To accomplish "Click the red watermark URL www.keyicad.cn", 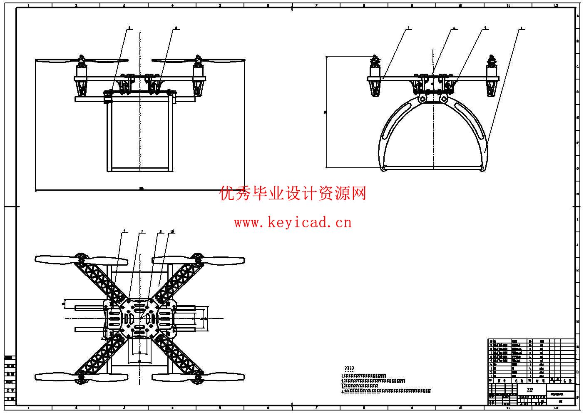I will pyautogui.click(x=293, y=223).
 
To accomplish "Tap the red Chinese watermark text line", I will pyautogui.click(x=293, y=194).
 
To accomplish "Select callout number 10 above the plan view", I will pyautogui.click(x=172, y=231).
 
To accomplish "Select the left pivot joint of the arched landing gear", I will pyautogui.click(x=422, y=99).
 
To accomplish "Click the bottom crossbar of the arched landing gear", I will pyautogui.click(x=433, y=168).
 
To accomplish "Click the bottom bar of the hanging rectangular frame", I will pyautogui.click(x=140, y=169).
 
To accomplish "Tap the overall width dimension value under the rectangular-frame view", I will pyautogui.click(x=141, y=189).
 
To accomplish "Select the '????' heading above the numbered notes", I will pyautogui.click(x=349, y=369).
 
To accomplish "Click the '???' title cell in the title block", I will pyautogui.click(x=530, y=390).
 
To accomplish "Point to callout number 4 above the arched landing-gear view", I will pyautogui.click(x=455, y=28).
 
